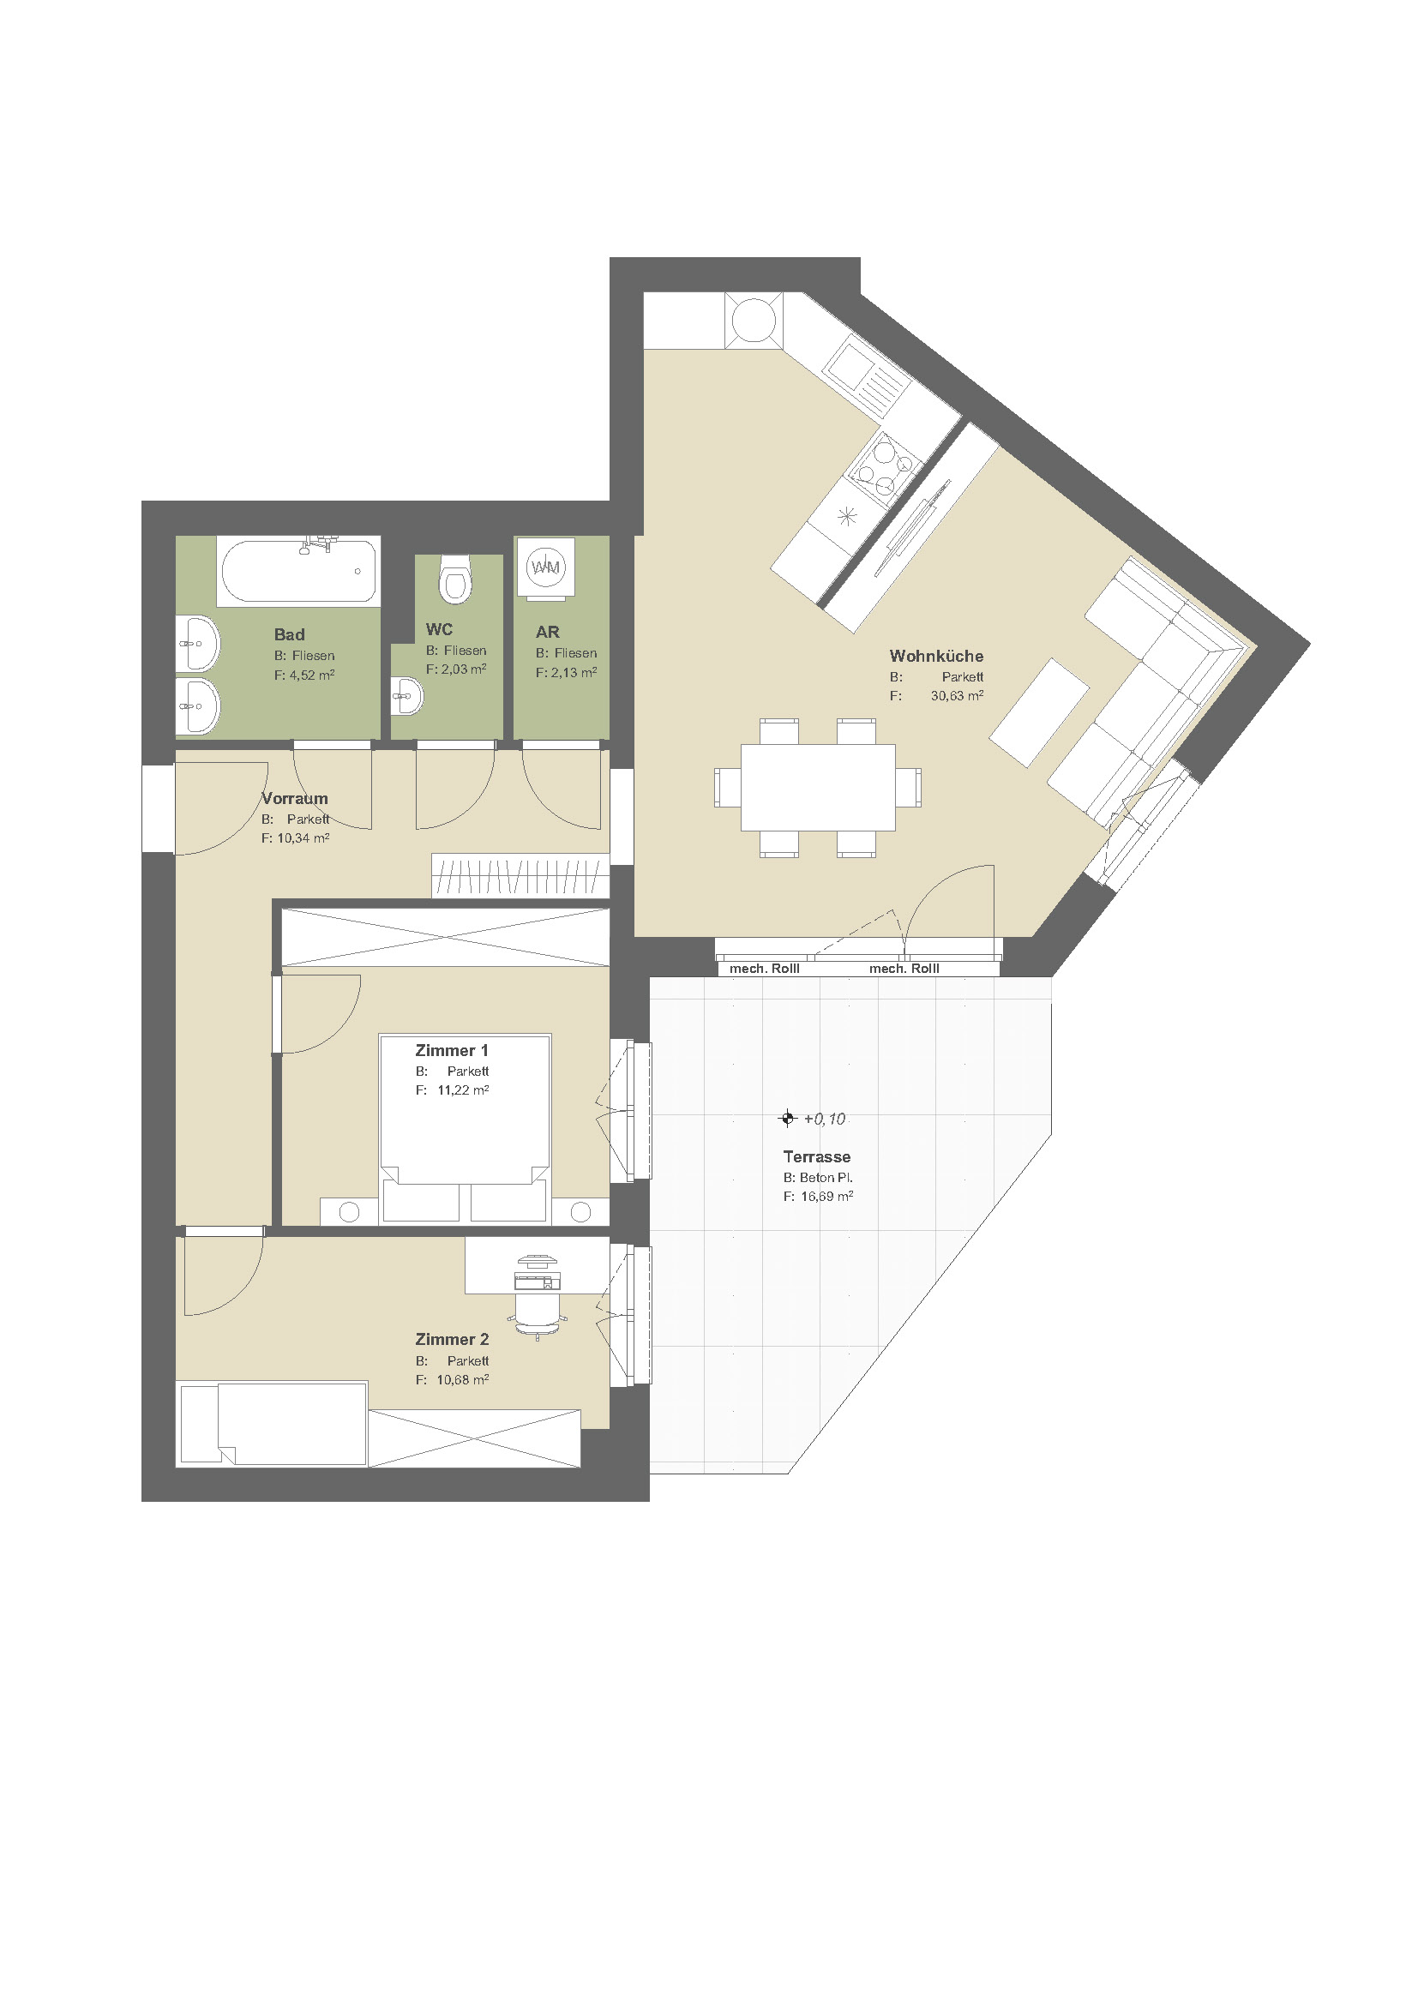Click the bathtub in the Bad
[x=298, y=571]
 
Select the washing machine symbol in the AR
[x=546, y=567]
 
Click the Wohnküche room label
[x=936, y=656]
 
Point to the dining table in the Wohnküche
[x=818, y=787]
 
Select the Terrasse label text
[x=816, y=1156]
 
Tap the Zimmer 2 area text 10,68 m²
[x=463, y=1380]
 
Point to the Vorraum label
[x=295, y=798]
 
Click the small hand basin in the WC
[x=407, y=696]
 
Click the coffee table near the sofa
[x=1039, y=712]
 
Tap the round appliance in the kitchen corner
[x=754, y=320]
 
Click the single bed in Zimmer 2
[x=272, y=1424]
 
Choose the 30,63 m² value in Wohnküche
[x=957, y=695]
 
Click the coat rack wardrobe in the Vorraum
[x=520, y=875]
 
